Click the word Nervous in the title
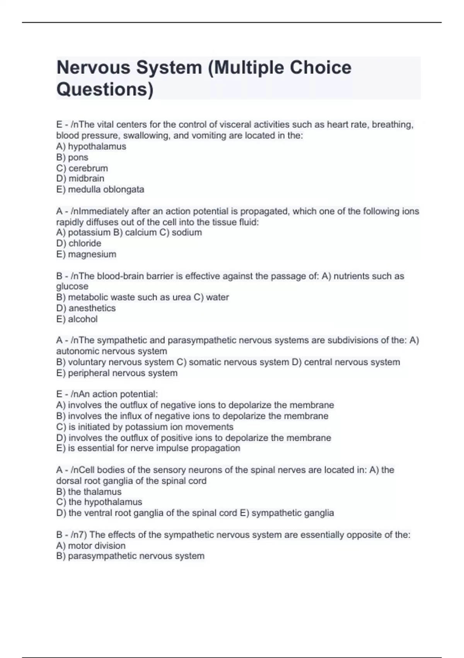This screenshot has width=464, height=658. pyautogui.click(x=93, y=68)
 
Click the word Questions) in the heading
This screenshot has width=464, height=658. pyautogui.click(x=105, y=89)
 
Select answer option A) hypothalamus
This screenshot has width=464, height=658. pyautogui.click(x=91, y=146)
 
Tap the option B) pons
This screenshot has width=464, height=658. pyautogui.click(x=72, y=157)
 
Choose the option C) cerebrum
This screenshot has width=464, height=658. pyautogui.click(x=82, y=168)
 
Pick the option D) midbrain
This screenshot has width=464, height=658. pyautogui.click(x=80, y=178)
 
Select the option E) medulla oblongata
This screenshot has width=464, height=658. pyautogui.click(x=100, y=189)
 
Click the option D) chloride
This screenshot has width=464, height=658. pyautogui.click(x=79, y=243)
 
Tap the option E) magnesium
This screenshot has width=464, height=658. pyautogui.click(x=86, y=254)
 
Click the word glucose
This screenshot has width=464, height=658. pyautogui.click(x=72, y=286)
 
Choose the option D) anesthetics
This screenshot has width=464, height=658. pyautogui.click(x=86, y=308)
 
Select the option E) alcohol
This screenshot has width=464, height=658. pyautogui.click(x=77, y=319)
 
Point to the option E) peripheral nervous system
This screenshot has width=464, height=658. pyautogui.click(x=117, y=373)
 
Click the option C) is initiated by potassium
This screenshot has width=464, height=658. pyautogui.click(x=145, y=427)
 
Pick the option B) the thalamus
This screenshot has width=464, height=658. pyautogui.click(x=89, y=492)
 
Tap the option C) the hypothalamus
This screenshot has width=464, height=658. pyautogui.click(x=99, y=502)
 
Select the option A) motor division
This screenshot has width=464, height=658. pyautogui.click(x=91, y=545)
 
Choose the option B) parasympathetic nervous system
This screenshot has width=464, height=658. pyautogui.click(x=130, y=556)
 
